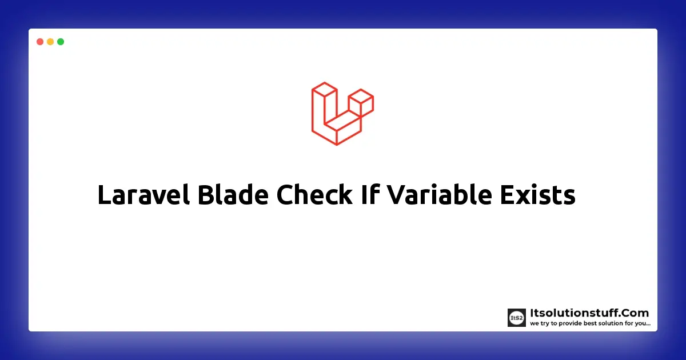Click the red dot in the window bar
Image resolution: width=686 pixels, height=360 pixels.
pos(40,42)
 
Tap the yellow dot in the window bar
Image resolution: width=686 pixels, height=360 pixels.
pos(50,42)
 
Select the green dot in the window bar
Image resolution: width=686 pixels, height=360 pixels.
pos(61,42)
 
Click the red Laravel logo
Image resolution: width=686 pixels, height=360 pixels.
pos(342,113)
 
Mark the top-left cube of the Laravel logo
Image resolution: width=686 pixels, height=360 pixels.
pos(324,91)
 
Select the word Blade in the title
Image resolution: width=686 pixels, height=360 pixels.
pos(233,196)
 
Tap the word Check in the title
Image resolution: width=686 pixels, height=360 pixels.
pos(314,196)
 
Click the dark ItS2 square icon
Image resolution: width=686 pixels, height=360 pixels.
pos(517,318)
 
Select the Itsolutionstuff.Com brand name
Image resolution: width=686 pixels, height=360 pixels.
pos(589,313)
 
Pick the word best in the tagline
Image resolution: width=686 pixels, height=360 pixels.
pos(587,324)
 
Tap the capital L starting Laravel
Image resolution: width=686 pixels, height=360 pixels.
pos(105,196)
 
